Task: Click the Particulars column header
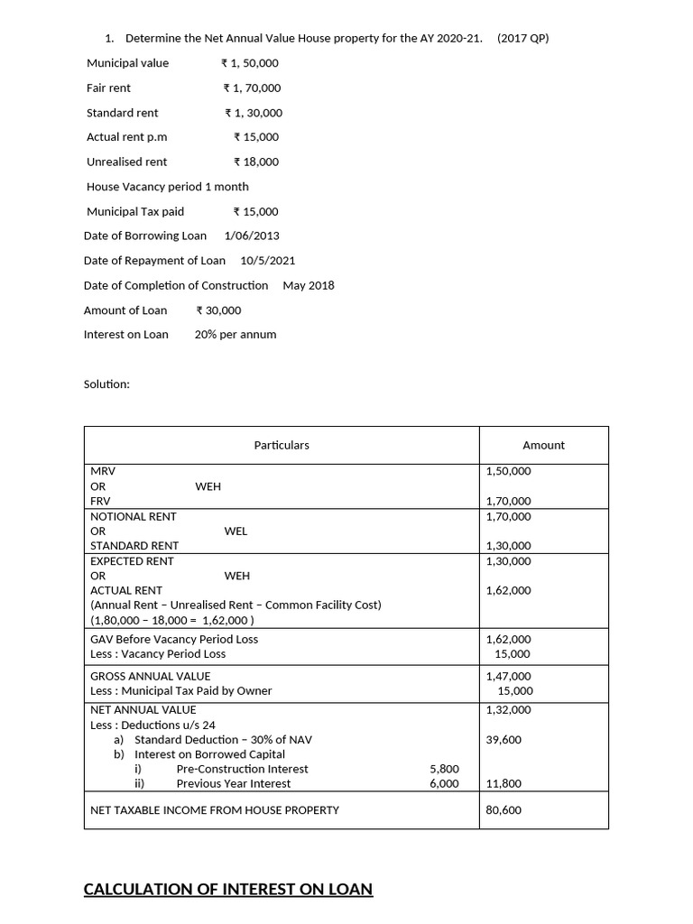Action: [281, 445]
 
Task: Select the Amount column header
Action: [543, 445]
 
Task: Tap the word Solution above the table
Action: [107, 383]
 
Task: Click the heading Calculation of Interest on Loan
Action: [227, 889]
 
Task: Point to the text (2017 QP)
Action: [522, 38]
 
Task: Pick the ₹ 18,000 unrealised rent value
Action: [255, 162]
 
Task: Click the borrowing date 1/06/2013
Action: [252, 236]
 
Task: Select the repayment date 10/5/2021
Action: [268, 260]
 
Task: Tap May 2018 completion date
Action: [309, 285]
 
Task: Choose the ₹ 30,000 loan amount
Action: [218, 310]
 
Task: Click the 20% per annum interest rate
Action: [236, 334]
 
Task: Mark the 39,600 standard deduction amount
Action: [504, 739]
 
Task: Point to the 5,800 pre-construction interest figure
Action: [444, 769]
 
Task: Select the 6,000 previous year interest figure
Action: [444, 783]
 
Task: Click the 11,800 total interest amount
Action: [504, 783]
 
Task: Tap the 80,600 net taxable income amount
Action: [504, 809]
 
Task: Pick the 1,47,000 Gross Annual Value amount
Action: [508, 676]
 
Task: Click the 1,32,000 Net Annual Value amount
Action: [508, 709]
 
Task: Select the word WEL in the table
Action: [236, 531]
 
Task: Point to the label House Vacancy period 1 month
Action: [168, 186]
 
